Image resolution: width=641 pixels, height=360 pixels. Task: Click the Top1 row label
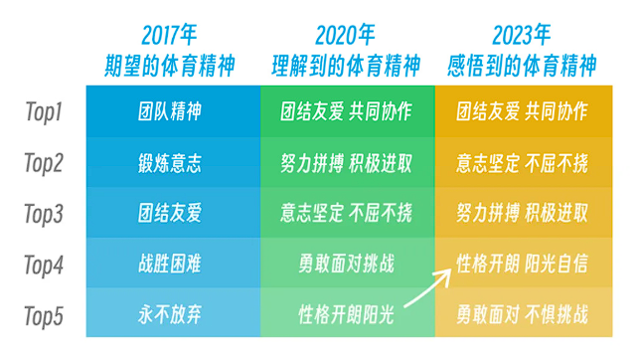coord(44,111)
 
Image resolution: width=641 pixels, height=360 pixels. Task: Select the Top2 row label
coord(44,163)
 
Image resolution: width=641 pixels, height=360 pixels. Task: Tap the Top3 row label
coord(44,214)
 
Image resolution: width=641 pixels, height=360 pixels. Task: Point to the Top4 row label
coord(44,265)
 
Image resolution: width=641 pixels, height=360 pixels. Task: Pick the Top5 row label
coord(44,315)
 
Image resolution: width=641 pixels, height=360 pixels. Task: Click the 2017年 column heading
coord(169,35)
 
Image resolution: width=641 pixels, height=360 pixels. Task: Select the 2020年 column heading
coord(346,35)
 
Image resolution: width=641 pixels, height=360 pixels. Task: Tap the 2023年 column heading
coord(522,35)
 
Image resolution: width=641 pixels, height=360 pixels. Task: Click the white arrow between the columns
coord(428,288)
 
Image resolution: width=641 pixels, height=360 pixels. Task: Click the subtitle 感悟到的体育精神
coord(522,66)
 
